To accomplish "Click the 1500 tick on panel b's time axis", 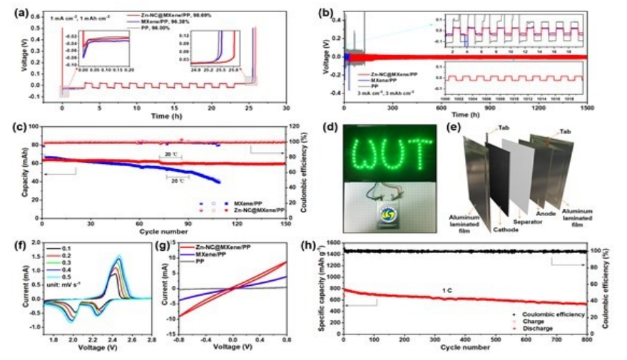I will pos(586,107).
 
